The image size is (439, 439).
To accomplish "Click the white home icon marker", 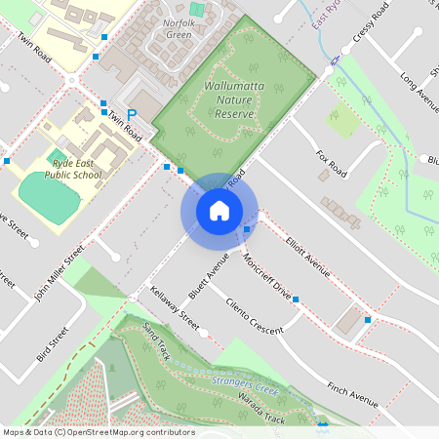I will tap(219, 210).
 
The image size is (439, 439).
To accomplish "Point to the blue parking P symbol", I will tap(132, 114).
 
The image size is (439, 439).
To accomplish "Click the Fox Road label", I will tap(332, 162).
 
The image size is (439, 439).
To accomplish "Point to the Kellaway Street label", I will tap(176, 307).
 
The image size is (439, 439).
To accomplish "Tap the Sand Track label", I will tap(157, 340).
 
